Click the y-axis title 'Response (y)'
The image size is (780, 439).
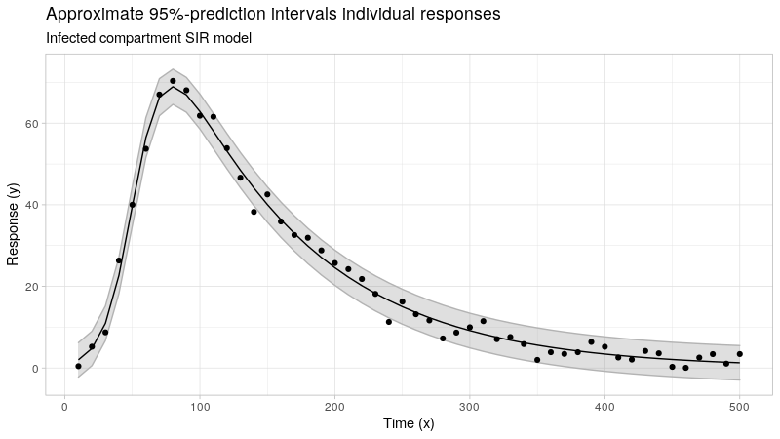click(14, 225)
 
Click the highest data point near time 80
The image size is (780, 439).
click(173, 81)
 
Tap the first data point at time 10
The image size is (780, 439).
click(78, 366)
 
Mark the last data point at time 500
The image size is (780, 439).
click(740, 354)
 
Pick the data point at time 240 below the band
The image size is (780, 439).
click(389, 322)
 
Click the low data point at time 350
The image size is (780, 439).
click(537, 360)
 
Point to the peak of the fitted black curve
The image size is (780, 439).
click(173, 88)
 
